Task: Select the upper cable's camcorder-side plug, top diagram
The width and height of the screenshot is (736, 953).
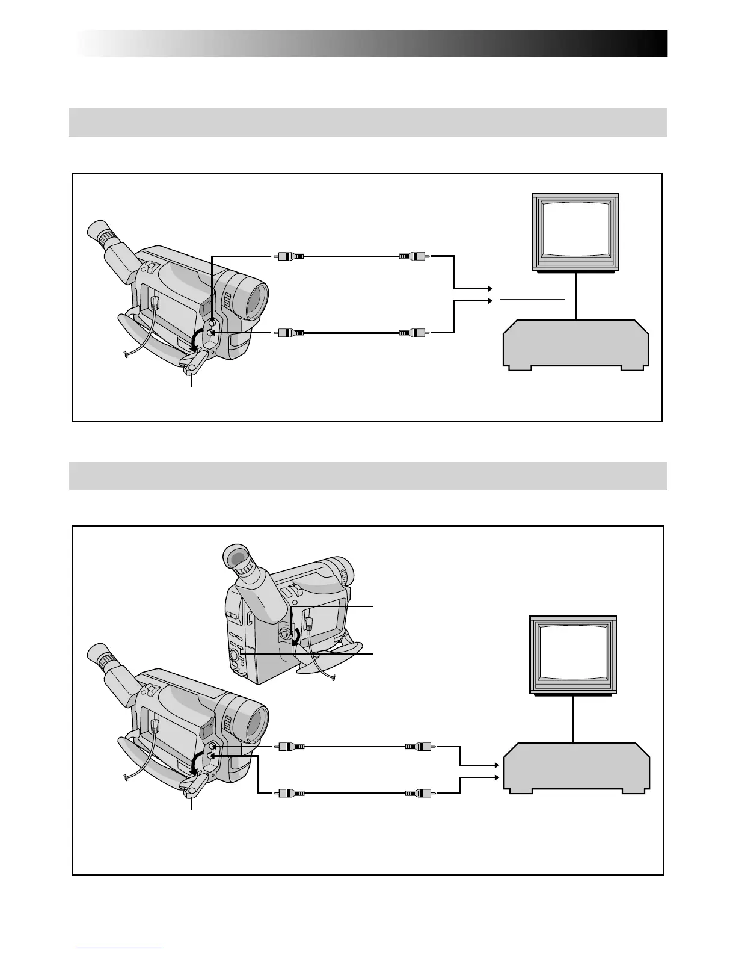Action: (x=291, y=256)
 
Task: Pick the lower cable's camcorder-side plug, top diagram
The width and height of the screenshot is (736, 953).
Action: (x=291, y=332)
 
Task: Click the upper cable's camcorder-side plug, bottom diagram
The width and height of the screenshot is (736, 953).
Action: (x=291, y=747)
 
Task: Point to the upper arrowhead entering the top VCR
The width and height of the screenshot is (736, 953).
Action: (x=490, y=289)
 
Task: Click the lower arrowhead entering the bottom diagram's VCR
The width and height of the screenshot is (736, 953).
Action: (x=496, y=777)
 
